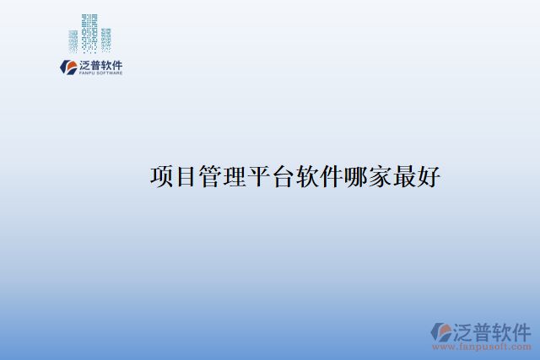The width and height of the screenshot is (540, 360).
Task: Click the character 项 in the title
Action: point(161,177)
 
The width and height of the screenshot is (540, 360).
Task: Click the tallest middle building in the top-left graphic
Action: point(89,31)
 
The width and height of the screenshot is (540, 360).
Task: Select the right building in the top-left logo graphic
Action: point(105,38)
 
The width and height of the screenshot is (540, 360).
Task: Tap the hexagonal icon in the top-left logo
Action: point(68,67)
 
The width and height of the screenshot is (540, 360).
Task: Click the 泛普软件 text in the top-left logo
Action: point(101,65)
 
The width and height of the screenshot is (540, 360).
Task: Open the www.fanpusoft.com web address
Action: point(482,347)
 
